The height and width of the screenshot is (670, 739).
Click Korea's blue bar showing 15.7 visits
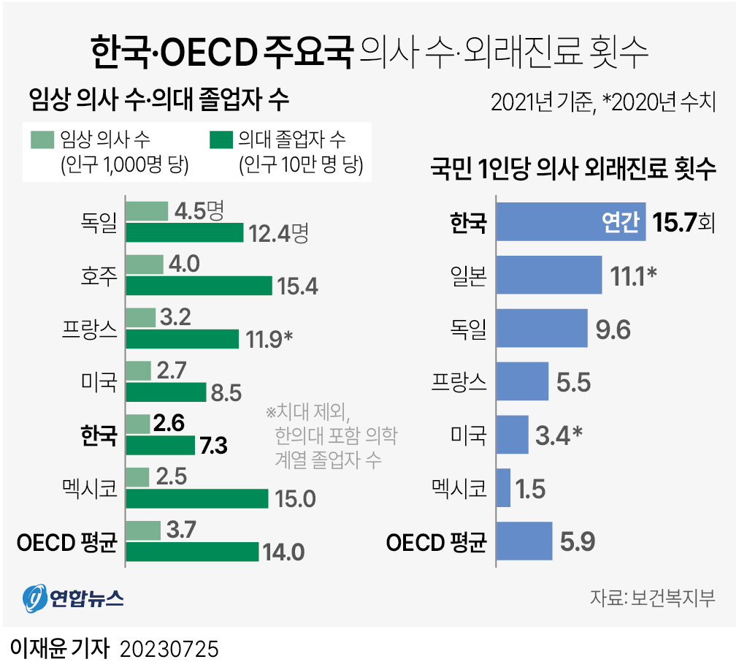point(570,221)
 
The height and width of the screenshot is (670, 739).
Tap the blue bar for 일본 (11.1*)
point(548,275)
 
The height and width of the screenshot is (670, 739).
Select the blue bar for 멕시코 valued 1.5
point(503,488)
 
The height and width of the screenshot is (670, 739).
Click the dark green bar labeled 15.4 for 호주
point(199,286)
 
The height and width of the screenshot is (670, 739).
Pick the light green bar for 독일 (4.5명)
point(147,211)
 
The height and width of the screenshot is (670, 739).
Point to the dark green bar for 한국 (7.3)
point(161,445)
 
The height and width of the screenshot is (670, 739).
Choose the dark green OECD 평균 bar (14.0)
point(192,552)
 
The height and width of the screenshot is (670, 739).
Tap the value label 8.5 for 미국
point(226,392)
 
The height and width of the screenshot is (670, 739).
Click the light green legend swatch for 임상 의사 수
point(43,139)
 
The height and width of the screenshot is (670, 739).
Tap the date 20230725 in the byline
point(169,649)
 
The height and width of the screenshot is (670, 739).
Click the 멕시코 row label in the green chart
point(89,489)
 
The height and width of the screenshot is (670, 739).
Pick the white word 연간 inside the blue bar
point(620,221)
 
